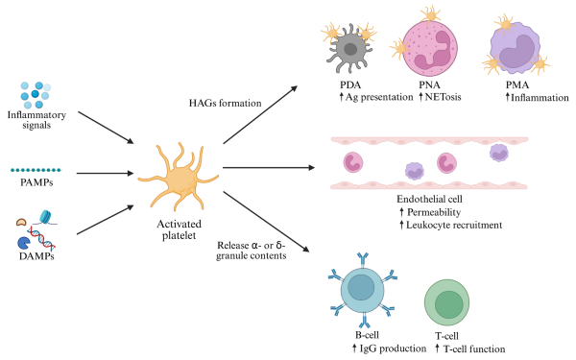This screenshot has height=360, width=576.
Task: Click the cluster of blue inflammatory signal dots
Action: (x=35, y=96)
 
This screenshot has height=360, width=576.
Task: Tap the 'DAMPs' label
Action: (x=36, y=256)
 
